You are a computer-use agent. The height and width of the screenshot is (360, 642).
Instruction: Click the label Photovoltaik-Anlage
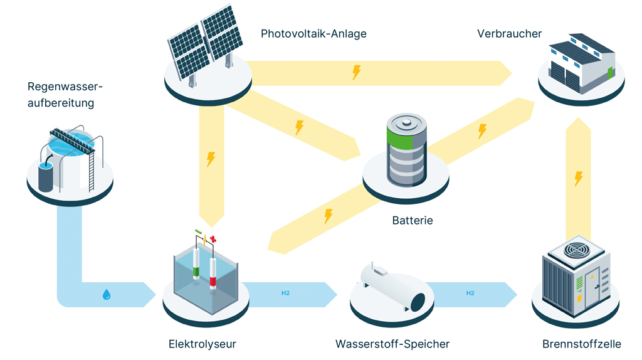point(313,34)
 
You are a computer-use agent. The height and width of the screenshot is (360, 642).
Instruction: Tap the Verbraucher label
point(509,33)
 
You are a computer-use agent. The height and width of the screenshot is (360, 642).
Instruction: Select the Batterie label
point(413,221)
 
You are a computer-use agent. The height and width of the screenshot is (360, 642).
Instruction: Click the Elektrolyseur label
point(202,344)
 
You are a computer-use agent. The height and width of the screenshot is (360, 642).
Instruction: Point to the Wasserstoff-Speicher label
point(392,344)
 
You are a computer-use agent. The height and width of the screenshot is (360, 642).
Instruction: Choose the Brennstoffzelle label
point(582,344)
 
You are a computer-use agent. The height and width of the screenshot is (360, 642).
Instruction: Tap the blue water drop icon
point(107,293)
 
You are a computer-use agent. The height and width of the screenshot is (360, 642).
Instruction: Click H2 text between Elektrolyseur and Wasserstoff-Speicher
point(285,293)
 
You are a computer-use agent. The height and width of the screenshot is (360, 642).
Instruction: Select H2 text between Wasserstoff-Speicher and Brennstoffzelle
point(470,293)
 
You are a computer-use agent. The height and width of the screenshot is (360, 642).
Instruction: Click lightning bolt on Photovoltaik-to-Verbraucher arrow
point(356,72)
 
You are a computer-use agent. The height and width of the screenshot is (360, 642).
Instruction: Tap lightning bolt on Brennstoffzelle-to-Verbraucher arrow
point(579,179)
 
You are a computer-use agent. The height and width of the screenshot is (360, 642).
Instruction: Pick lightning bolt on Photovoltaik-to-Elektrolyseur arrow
point(211,159)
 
